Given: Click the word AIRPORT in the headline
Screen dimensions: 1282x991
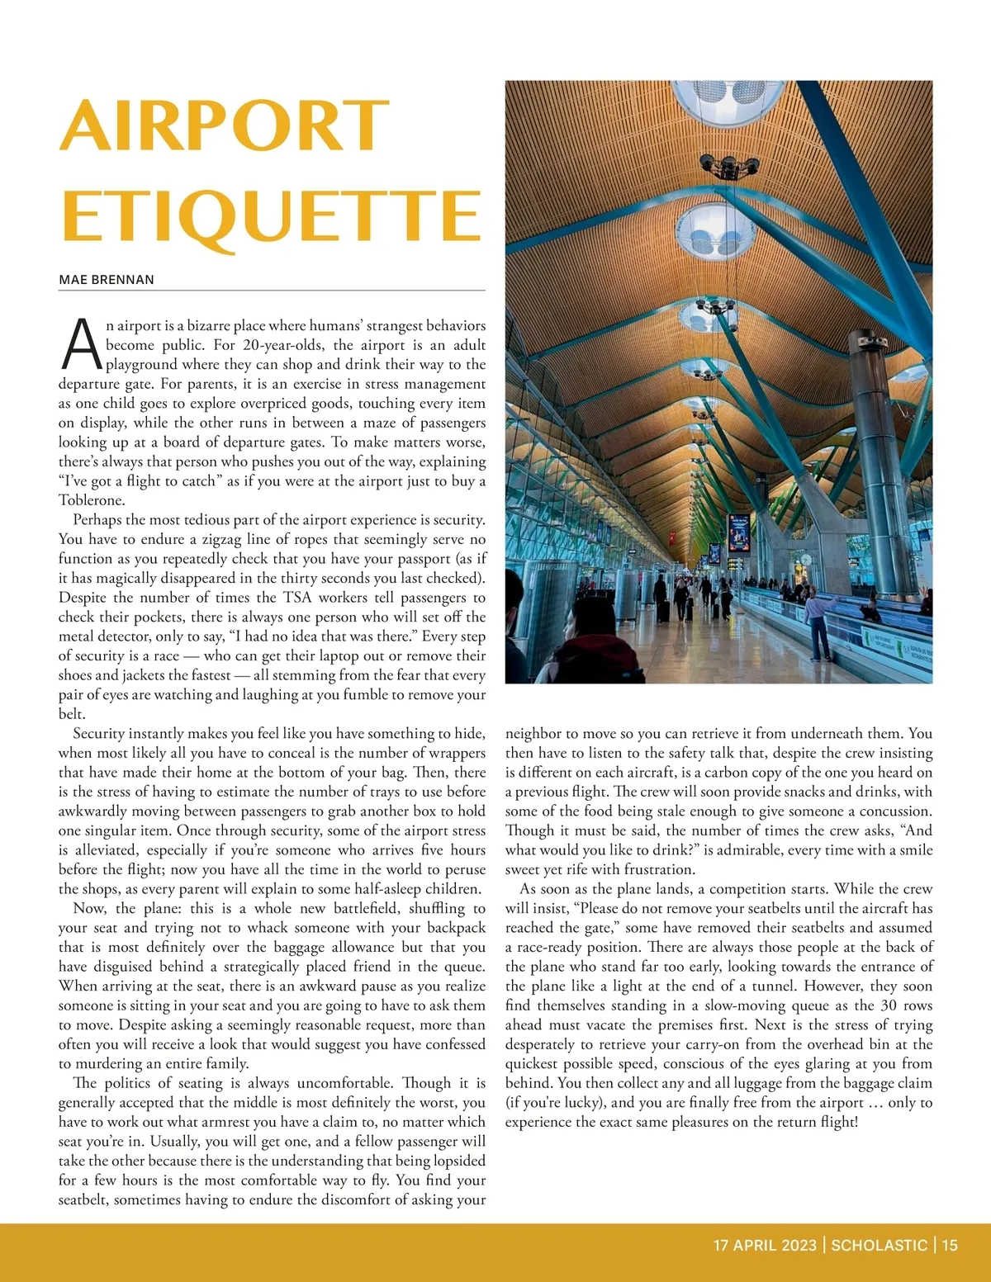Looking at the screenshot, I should pyautogui.click(x=224, y=125).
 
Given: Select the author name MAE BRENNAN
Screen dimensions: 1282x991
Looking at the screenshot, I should pyautogui.click(x=107, y=280).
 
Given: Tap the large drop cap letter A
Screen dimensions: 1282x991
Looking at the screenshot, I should pyautogui.click(x=81, y=344).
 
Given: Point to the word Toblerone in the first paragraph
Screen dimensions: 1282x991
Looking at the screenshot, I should pyautogui.click(x=92, y=500).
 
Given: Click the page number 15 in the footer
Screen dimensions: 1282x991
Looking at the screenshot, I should pyautogui.click(x=949, y=1245).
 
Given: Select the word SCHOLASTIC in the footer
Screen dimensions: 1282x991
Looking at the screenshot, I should pyautogui.click(x=879, y=1245).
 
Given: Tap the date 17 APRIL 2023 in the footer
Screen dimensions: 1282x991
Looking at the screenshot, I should pyautogui.click(x=765, y=1245).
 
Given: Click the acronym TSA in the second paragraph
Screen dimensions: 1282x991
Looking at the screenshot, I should pyautogui.click(x=296, y=598).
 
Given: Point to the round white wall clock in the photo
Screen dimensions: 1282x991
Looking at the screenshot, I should pyautogui.click(x=805, y=560).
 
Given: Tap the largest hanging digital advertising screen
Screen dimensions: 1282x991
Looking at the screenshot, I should pyautogui.click(x=739, y=532).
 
